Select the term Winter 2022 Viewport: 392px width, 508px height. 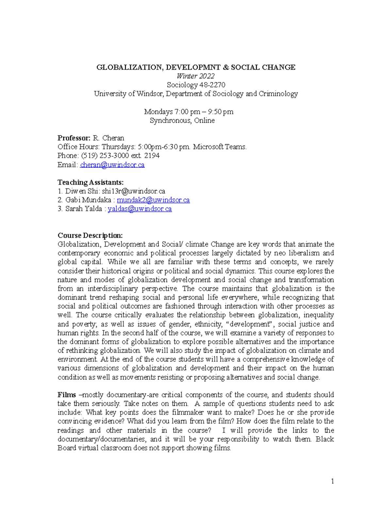(195, 76)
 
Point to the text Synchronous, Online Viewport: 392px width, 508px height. (182, 121)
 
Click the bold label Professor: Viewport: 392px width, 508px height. (74, 138)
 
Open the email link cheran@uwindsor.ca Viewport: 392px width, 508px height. (112, 165)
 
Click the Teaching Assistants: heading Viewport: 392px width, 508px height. (90, 182)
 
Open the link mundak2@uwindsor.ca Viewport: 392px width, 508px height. (153, 200)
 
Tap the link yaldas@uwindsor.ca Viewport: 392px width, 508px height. (139, 209)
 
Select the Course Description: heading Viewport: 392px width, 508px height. (90, 236)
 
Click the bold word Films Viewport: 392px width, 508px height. (67, 395)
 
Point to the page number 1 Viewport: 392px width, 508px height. (332, 481)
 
